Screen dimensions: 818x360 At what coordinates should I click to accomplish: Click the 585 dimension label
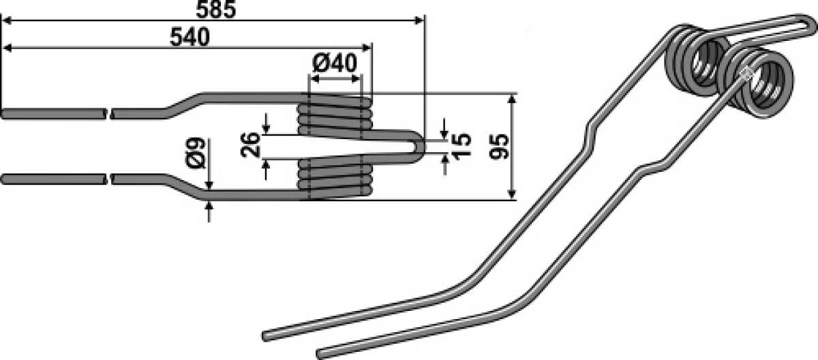tap(216, 10)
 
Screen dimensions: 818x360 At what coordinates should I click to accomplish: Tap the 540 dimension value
tap(190, 37)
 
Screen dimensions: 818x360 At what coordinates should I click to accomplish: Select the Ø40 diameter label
tap(335, 63)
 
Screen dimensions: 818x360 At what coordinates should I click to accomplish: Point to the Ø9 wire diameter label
tap(196, 153)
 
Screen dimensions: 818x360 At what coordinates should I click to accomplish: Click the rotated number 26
tap(251, 145)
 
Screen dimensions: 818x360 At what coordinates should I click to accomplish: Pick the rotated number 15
tap(461, 146)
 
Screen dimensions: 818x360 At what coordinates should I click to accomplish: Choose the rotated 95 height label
tap(498, 147)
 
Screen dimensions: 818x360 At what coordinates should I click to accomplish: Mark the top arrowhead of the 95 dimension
tap(512, 100)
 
